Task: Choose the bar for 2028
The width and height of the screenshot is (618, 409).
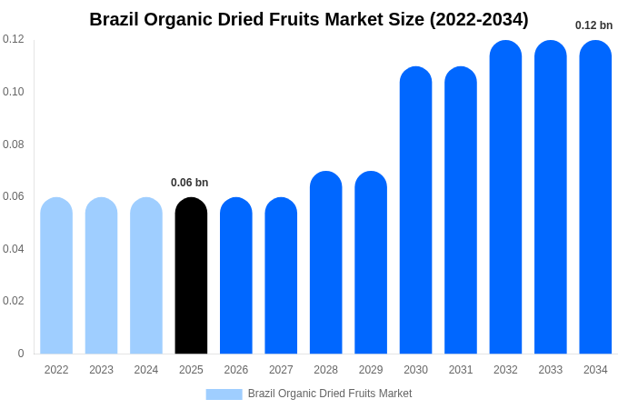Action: point(325,263)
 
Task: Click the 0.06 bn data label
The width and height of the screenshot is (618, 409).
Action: point(189,183)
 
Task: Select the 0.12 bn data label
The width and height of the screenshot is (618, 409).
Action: point(593,25)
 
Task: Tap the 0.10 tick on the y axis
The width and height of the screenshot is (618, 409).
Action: point(14,92)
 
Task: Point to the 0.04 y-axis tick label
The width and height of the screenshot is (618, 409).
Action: point(14,249)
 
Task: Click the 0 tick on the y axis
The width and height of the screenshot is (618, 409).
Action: point(21,354)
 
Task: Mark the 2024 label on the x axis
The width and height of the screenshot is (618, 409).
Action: point(146,370)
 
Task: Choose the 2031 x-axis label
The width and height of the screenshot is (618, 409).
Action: point(461,370)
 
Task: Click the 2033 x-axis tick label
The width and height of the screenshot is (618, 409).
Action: point(551,370)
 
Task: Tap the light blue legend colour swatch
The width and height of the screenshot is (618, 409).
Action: point(224,394)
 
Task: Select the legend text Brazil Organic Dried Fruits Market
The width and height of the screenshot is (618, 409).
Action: point(330,394)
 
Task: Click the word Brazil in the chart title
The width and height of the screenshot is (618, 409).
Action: point(115,19)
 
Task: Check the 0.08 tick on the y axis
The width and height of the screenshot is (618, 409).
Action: point(14,145)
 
